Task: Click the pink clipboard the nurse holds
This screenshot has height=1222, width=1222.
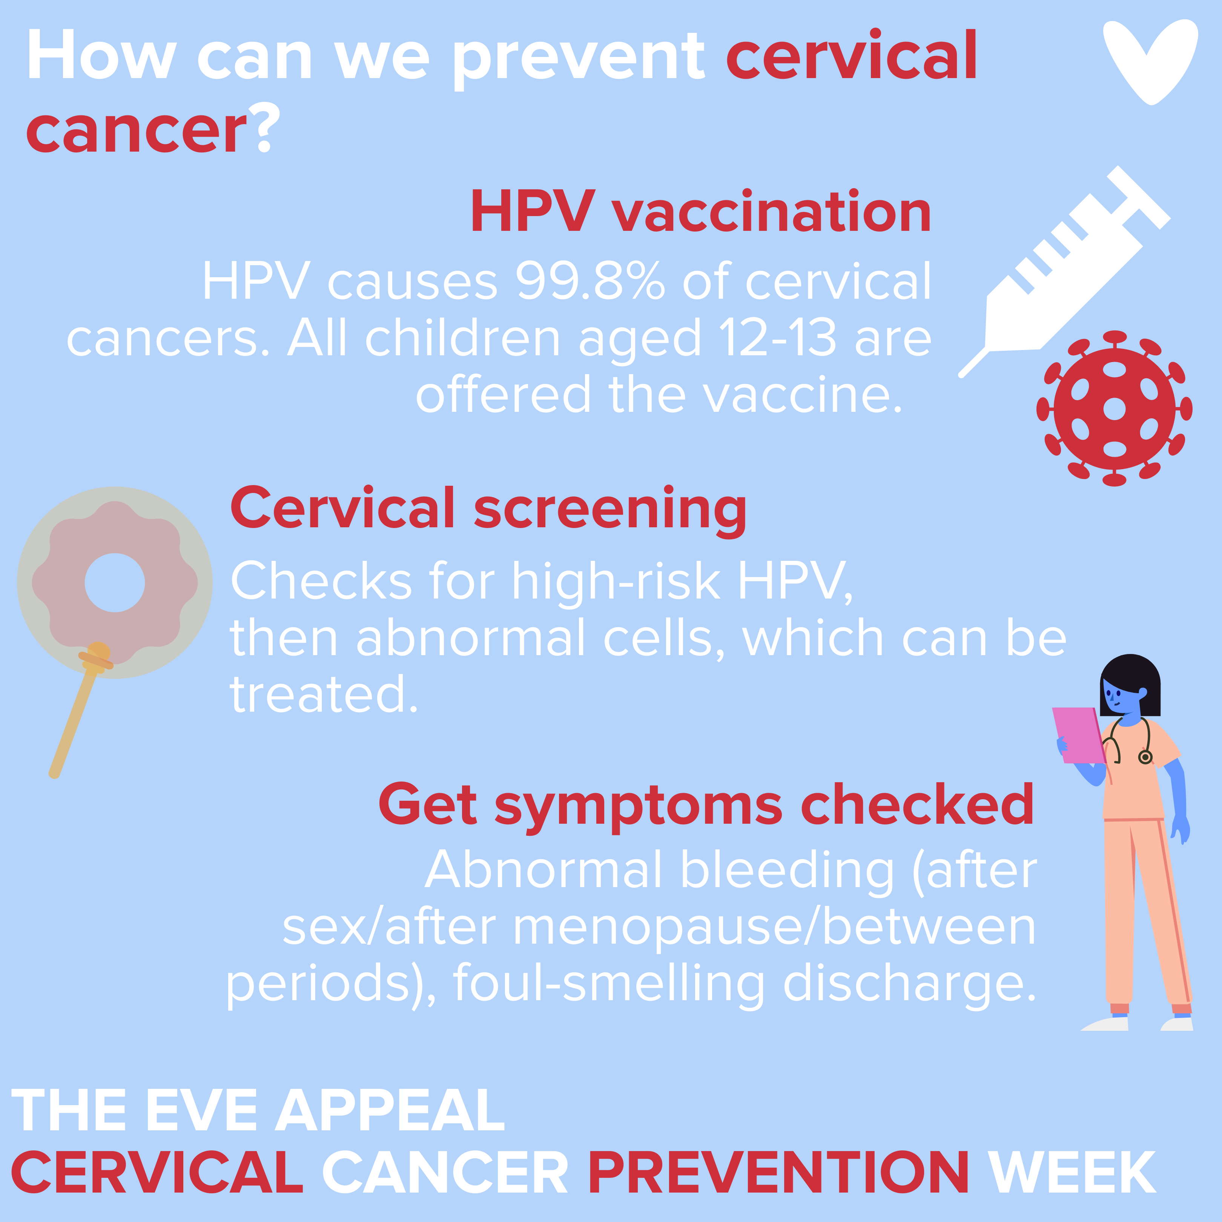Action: click(x=1079, y=735)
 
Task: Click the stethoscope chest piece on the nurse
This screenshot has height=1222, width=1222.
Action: click(x=1145, y=757)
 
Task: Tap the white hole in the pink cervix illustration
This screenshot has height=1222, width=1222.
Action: click(x=115, y=583)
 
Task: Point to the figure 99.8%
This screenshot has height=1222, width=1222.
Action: click(x=590, y=281)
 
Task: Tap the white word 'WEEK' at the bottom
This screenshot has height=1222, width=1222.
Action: click(x=1073, y=1173)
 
